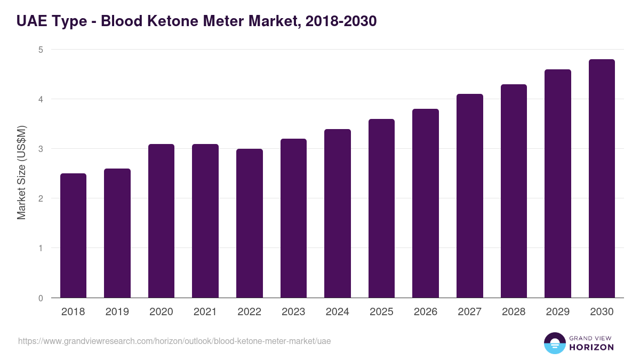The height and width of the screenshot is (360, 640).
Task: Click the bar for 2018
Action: click(73, 235)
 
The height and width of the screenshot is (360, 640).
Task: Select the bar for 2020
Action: click(161, 221)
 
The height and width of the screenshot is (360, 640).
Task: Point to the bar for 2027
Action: click(470, 196)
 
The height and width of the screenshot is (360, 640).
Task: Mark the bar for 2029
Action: click(558, 183)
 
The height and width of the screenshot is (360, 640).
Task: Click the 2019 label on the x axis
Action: click(117, 312)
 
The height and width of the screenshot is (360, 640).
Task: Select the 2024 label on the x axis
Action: click(337, 312)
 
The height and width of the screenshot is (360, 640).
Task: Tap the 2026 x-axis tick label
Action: click(425, 312)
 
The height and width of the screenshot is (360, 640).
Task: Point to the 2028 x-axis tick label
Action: click(514, 312)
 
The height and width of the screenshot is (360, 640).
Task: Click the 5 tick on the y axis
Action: click(40, 50)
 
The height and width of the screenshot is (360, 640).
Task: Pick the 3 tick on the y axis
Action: click(40, 149)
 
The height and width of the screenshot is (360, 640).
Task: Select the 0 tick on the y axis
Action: click(40, 298)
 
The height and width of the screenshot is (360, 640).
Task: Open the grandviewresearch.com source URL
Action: click(174, 341)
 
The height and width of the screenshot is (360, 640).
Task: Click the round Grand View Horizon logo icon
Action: click(555, 343)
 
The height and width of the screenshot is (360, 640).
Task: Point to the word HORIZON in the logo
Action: click(591, 347)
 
